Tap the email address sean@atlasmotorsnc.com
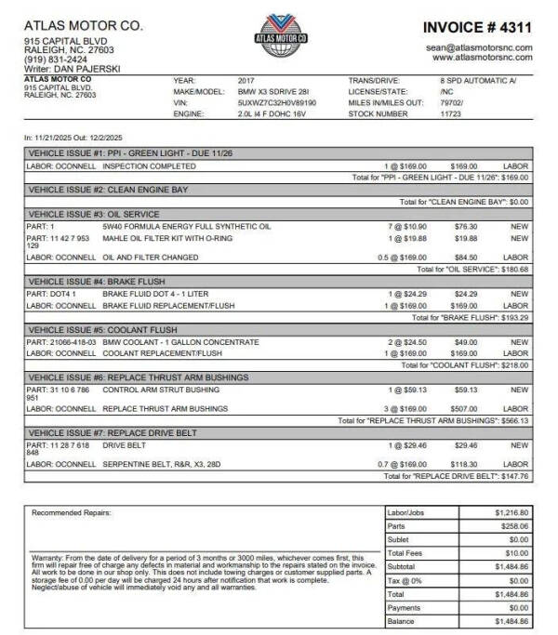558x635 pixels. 479,46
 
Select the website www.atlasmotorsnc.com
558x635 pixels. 482,57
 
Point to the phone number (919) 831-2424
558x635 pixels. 49,60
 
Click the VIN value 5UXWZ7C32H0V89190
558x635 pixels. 277,103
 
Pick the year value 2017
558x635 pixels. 246,81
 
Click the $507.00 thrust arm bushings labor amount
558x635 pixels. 465,408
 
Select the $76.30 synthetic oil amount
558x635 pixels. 465,225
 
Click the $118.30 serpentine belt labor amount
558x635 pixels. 465,464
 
